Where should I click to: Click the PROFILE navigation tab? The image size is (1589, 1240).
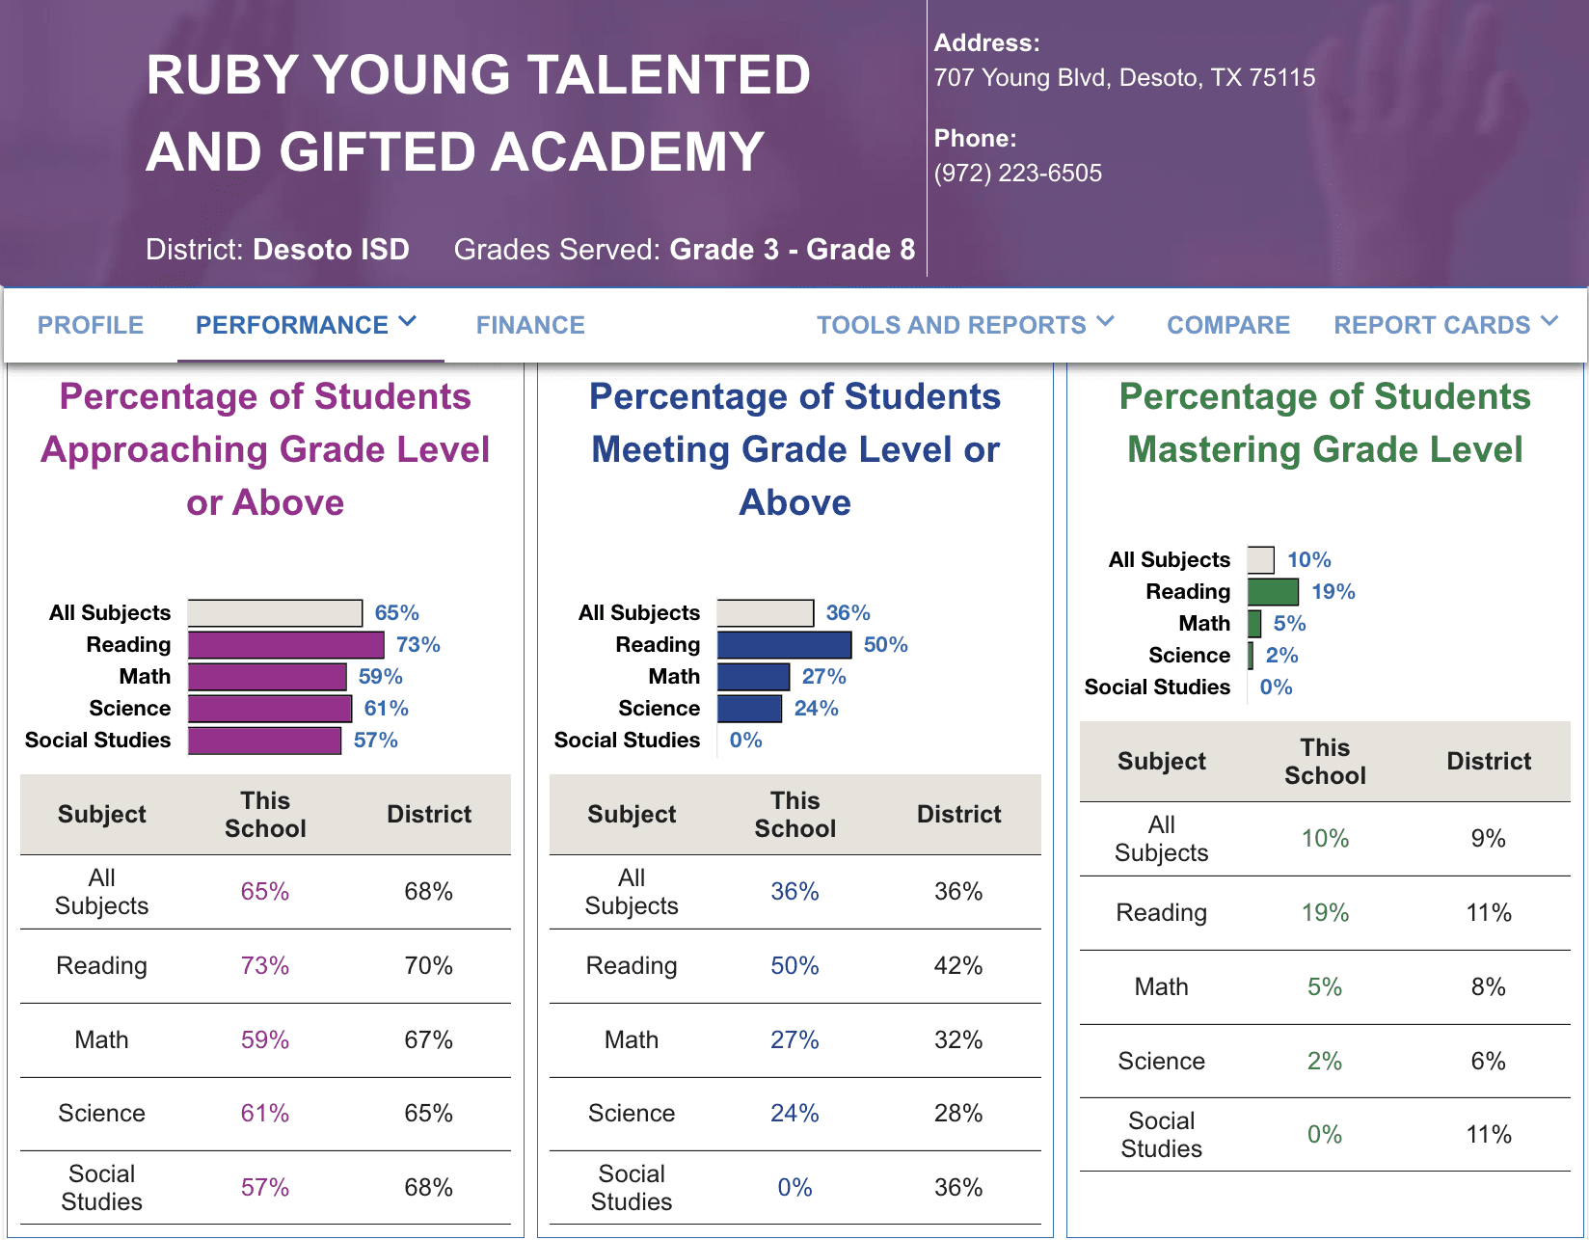click(91, 325)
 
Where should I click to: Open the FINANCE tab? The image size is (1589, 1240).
click(530, 325)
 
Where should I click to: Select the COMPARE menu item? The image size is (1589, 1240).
click(1227, 325)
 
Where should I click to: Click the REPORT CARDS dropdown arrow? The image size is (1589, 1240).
click(1549, 322)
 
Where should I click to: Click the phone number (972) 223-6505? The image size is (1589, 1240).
click(1017, 174)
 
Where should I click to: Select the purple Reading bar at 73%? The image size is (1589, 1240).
click(285, 645)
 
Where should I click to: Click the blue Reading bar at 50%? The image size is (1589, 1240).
click(784, 645)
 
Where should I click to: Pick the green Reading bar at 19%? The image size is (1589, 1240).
click(1273, 592)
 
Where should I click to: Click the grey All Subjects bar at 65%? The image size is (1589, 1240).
click(275, 613)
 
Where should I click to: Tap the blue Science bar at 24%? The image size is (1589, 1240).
click(749, 709)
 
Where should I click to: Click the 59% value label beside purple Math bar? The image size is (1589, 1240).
click(380, 677)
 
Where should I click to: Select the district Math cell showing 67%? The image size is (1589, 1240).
click(428, 1040)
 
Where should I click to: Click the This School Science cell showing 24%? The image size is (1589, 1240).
click(794, 1114)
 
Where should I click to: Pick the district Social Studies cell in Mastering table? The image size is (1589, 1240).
click(1488, 1135)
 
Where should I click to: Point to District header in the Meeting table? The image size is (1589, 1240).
click(958, 815)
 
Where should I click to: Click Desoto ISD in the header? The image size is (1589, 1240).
click(331, 250)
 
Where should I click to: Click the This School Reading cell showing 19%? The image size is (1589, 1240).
click(1325, 913)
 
